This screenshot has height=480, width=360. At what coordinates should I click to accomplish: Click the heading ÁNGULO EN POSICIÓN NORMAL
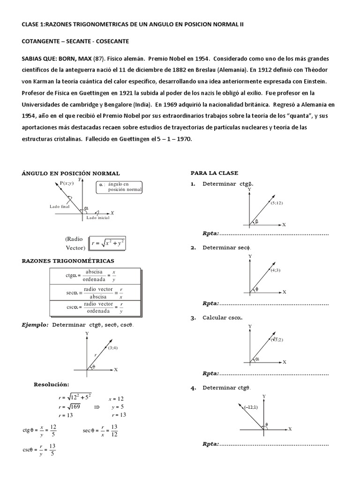pyautogui.click(x=71, y=173)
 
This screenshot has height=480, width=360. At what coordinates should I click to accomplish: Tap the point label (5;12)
pyautogui.click(x=277, y=203)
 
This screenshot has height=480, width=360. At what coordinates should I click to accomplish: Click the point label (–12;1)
pyautogui.click(x=251, y=407)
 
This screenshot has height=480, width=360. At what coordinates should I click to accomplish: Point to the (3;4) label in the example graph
pyautogui.click(x=113, y=348)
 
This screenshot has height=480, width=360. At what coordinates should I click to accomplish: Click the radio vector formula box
pyautogui.click(x=108, y=244)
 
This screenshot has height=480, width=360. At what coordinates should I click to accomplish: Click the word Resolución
pyautogui.click(x=52, y=384)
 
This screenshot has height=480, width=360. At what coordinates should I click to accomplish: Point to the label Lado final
pyautogui.click(x=60, y=206)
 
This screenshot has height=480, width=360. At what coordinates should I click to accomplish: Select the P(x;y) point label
pyautogui.click(x=67, y=183)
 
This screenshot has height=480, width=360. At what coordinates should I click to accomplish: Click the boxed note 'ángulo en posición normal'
pyautogui.click(x=120, y=187)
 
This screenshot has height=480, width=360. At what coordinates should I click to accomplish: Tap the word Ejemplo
pyautogui.click(x=35, y=325)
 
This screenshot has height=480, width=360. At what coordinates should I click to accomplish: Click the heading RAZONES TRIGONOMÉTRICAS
pyautogui.click(x=67, y=261)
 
